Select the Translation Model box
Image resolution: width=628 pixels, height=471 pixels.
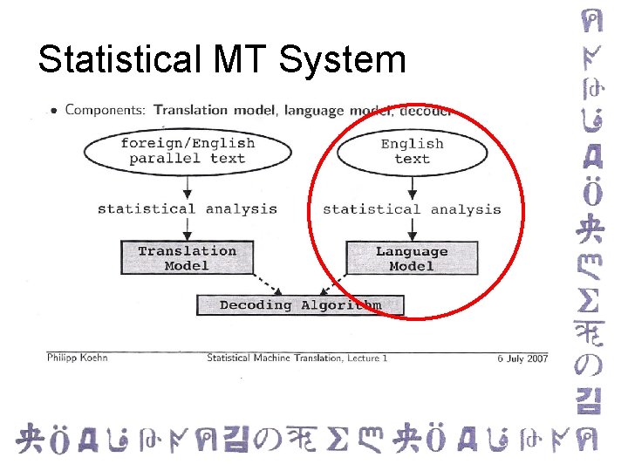click(187, 258)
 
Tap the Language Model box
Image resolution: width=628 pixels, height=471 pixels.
click(412, 258)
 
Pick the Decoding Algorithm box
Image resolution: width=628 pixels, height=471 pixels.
click(300, 305)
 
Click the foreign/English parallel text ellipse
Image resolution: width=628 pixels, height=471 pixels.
click(187, 151)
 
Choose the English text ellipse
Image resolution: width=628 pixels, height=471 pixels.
click(412, 151)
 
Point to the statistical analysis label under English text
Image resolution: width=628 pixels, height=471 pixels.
click(412, 209)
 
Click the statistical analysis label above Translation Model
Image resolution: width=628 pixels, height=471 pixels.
click(187, 209)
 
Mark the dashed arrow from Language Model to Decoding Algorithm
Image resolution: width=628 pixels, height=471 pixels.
click(333, 284)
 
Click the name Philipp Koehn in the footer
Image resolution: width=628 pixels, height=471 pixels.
click(78, 358)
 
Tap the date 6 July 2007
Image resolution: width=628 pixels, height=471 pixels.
click(522, 358)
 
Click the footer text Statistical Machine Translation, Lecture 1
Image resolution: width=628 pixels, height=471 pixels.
click(297, 358)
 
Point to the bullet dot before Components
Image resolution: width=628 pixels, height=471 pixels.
click(54, 111)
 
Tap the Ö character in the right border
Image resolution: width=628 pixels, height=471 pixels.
click(587, 194)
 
